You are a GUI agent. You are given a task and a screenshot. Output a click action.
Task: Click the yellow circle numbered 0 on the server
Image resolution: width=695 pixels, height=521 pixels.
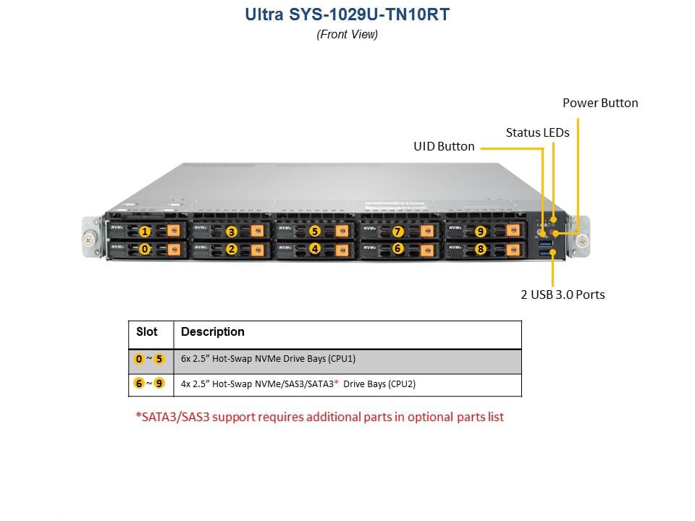[x=145, y=250]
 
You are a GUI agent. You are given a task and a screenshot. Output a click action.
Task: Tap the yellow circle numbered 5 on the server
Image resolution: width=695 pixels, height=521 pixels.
[x=315, y=232]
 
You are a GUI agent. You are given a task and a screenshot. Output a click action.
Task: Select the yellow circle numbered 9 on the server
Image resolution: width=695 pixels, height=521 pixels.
[x=481, y=232]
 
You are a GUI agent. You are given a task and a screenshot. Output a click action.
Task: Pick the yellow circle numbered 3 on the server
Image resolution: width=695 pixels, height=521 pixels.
[x=232, y=232]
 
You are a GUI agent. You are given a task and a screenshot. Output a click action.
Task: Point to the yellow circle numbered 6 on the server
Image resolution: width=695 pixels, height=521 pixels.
[x=397, y=249]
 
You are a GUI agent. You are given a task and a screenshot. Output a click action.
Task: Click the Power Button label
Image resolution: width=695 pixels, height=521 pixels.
[x=600, y=103]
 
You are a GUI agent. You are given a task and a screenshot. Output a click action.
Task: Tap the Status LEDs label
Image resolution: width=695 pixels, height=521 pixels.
[x=537, y=132]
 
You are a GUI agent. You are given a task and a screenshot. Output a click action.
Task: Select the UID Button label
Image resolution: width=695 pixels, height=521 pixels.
[x=444, y=146]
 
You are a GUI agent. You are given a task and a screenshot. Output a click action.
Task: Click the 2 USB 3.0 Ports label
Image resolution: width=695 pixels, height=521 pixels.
[x=563, y=295]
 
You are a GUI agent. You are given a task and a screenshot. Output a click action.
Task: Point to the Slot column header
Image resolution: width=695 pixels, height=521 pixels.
[x=147, y=332]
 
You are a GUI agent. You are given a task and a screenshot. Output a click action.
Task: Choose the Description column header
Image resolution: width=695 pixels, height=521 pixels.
[x=213, y=332]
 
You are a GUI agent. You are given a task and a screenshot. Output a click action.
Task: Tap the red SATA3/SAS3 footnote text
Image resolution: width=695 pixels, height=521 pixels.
[x=319, y=417]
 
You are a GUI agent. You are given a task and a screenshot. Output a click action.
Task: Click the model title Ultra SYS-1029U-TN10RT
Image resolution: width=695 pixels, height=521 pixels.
[x=347, y=14]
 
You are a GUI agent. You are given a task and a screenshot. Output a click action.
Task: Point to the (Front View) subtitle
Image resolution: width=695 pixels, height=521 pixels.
[x=347, y=34]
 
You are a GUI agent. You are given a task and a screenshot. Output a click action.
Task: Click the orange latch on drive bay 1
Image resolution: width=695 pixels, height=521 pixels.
[x=174, y=230]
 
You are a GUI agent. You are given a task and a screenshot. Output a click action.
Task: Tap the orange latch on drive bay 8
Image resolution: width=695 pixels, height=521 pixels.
[x=513, y=250]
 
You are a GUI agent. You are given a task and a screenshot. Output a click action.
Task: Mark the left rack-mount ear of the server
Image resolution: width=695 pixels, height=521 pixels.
[x=92, y=237]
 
